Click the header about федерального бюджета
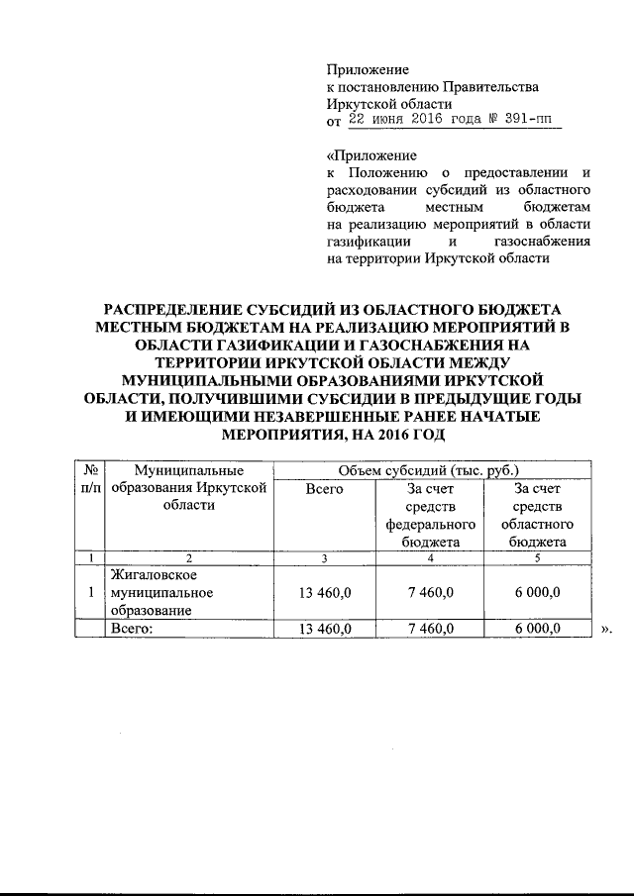(431, 515)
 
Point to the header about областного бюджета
(537, 515)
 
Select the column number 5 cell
(537, 558)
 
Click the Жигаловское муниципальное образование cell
(158, 592)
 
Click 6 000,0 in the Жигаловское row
(537, 592)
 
